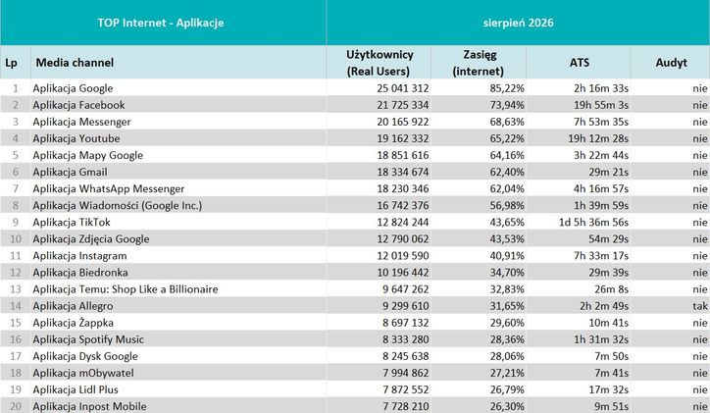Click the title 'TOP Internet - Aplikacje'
[x=161, y=23]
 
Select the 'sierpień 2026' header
[x=518, y=23]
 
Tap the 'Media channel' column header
[x=75, y=63]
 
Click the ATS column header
[x=580, y=63]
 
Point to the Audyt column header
[x=671, y=63]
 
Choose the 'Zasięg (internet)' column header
[x=479, y=63]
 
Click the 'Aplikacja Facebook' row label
[x=78, y=105]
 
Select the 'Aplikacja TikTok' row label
[x=72, y=223]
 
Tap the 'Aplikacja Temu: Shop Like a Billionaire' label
[x=126, y=289]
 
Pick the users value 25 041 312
[x=402, y=88]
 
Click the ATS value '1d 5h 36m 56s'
[x=593, y=223]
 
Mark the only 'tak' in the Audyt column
[x=700, y=306]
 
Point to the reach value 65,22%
[x=507, y=138]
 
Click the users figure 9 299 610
[x=405, y=306]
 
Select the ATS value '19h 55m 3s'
[x=598, y=105]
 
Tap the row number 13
[x=16, y=289]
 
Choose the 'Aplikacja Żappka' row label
[x=73, y=323]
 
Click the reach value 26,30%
[x=507, y=407]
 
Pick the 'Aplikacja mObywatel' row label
[x=83, y=373]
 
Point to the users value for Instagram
[x=402, y=256]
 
